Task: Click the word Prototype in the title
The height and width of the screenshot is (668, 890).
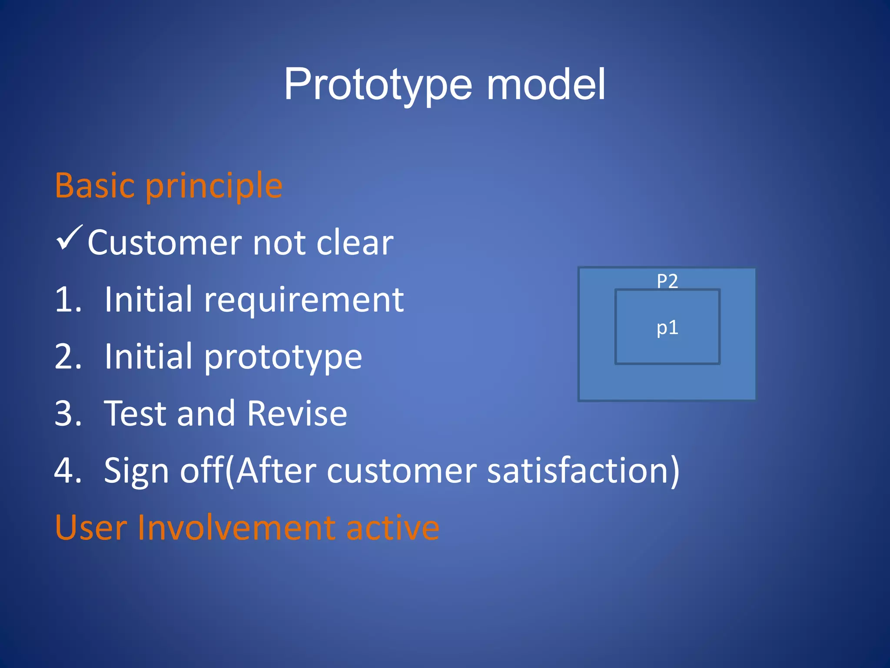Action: (x=378, y=85)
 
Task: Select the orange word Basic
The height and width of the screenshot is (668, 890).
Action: (x=95, y=186)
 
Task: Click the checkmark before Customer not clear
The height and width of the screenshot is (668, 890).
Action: (x=69, y=238)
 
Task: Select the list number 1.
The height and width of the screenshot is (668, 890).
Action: (x=68, y=300)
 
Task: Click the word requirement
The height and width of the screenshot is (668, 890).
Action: (x=304, y=301)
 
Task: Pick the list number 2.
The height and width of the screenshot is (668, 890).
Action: (x=68, y=357)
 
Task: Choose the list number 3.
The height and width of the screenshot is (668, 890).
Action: (x=68, y=414)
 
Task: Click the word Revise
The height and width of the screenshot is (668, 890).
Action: (x=297, y=414)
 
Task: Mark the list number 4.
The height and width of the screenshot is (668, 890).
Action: (x=68, y=471)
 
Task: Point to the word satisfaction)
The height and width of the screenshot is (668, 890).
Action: (x=583, y=471)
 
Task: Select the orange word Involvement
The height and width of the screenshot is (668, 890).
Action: (x=237, y=528)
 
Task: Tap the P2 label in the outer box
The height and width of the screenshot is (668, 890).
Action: (x=667, y=281)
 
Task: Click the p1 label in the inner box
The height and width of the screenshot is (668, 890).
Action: (x=667, y=328)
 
